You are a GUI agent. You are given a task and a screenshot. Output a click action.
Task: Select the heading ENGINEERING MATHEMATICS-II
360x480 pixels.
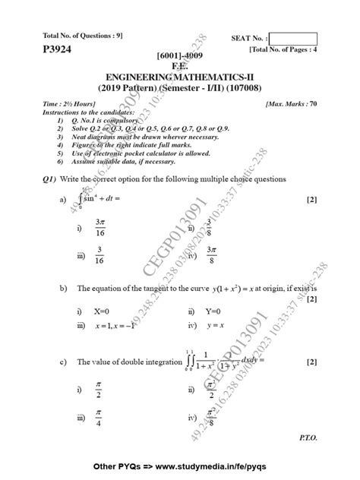pos(179,77)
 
